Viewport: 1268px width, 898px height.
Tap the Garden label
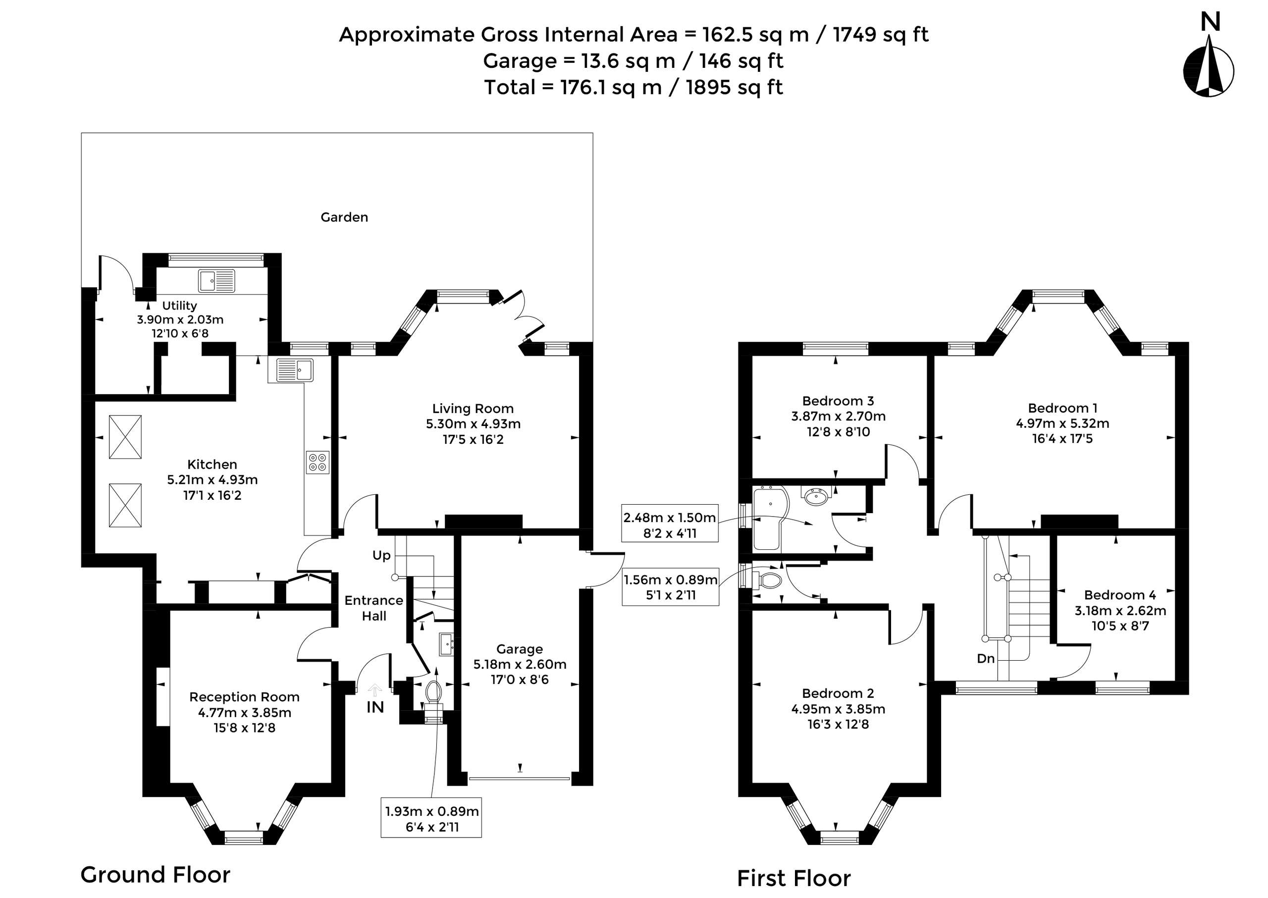(x=344, y=217)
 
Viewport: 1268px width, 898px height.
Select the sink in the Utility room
(x=217, y=281)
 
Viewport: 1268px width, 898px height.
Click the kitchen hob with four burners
(x=317, y=462)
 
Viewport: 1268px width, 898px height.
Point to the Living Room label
(x=473, y=409)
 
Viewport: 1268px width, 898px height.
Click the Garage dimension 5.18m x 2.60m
(x=519, y=664)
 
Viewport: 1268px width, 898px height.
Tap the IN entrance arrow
(x=375, y=690)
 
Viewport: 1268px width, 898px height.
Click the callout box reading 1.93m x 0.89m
(x=431, y=819)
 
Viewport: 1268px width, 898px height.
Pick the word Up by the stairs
(x=381, y=555)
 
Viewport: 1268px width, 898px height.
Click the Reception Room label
(x=244, y=697)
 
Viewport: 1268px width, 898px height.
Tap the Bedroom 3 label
(x=838, y=401)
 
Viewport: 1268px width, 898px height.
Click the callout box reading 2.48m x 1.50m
(x=670, y=525)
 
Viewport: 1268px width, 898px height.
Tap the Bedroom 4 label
(x=1120, y=595)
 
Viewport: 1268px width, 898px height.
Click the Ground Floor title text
(x=156, y=875)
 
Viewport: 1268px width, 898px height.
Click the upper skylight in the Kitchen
(x=125, y=437)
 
